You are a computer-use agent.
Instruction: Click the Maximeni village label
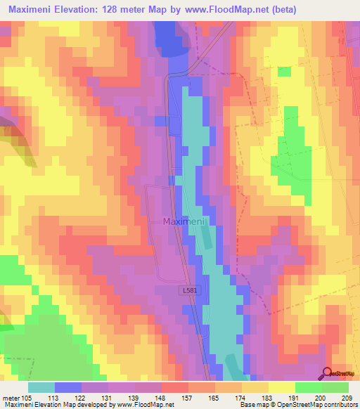click(x=184, y=221)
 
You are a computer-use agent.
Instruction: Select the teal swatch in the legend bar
click(x=41, y=387)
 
